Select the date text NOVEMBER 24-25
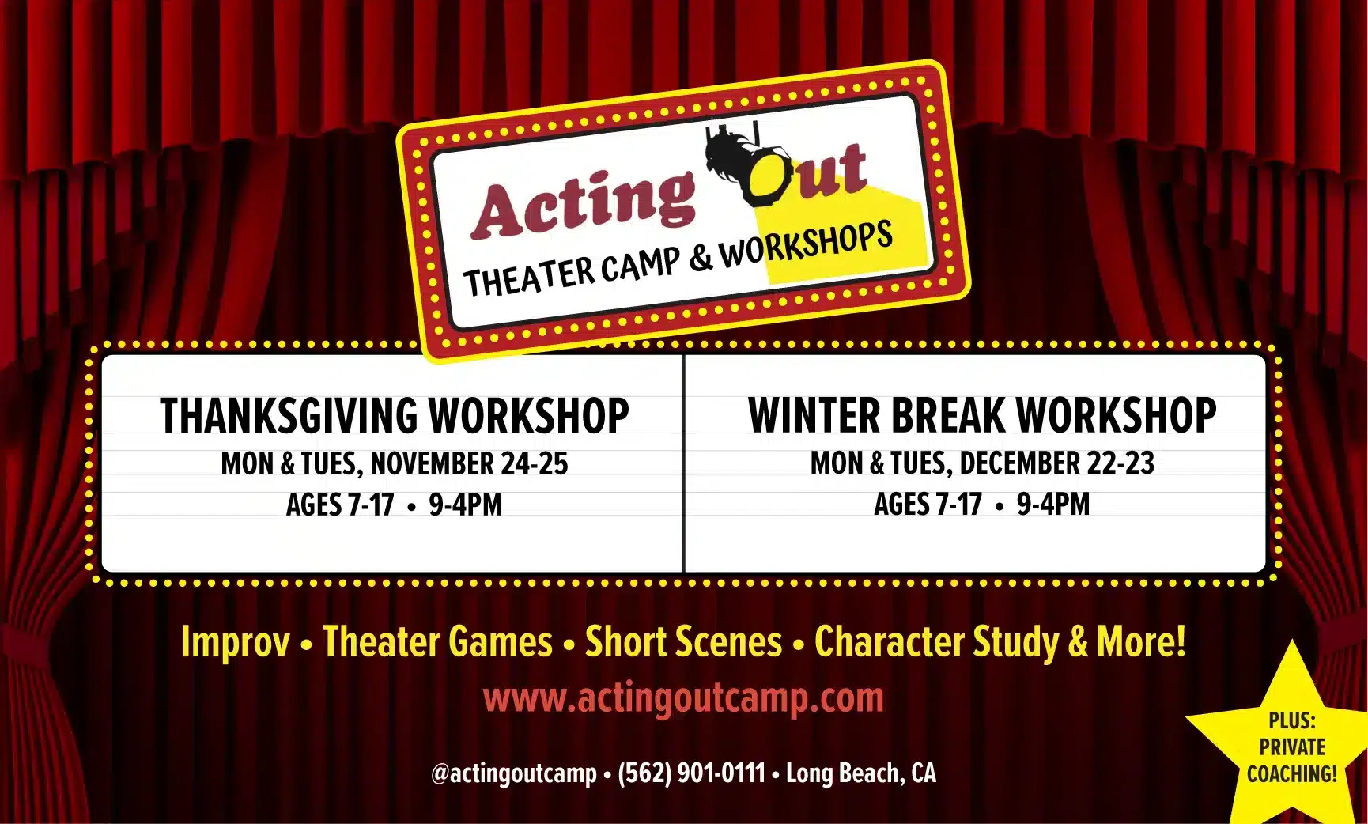point(469,463)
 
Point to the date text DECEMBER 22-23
point(1057,463)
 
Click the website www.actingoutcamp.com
point(683,697)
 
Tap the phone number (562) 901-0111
point(691,773)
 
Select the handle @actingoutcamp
point(514,773)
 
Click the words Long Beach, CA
point(861,773)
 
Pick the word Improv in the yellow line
point(235,641)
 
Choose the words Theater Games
point(437,641)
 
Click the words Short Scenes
point(683,641)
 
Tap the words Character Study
point(936,641)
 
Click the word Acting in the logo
point(584,204)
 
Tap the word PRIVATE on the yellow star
point(1292,747)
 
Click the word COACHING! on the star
point(1292,773)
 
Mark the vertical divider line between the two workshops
point(683,463)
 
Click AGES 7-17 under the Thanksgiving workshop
point(340,505)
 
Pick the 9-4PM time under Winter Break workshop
point(1053,504)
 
